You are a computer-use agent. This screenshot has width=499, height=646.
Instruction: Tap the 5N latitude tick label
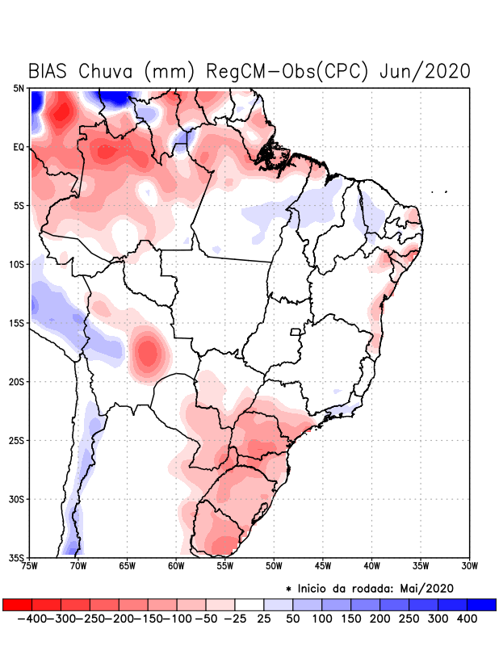point(19,88)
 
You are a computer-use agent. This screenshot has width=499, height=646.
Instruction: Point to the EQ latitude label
point(19,147)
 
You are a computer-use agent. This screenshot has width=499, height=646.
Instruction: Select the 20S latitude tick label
point(16,382)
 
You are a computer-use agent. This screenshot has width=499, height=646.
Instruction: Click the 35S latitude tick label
point(16,558)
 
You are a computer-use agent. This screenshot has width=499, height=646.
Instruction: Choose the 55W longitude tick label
point(225,566)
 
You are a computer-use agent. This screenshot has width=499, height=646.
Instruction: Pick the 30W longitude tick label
point(470,566)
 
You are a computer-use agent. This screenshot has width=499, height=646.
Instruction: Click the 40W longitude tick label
point(371,566)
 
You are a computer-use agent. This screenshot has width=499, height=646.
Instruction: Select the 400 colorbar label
point(467,619)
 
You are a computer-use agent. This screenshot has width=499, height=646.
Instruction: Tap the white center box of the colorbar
point(249,605)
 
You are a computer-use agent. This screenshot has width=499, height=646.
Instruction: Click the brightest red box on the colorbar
point(17,605)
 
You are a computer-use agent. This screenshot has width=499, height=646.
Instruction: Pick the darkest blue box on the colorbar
point(482,605)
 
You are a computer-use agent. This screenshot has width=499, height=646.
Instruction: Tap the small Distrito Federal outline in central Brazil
point(296,331)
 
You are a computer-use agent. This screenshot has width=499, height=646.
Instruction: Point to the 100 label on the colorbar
point(321,619)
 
